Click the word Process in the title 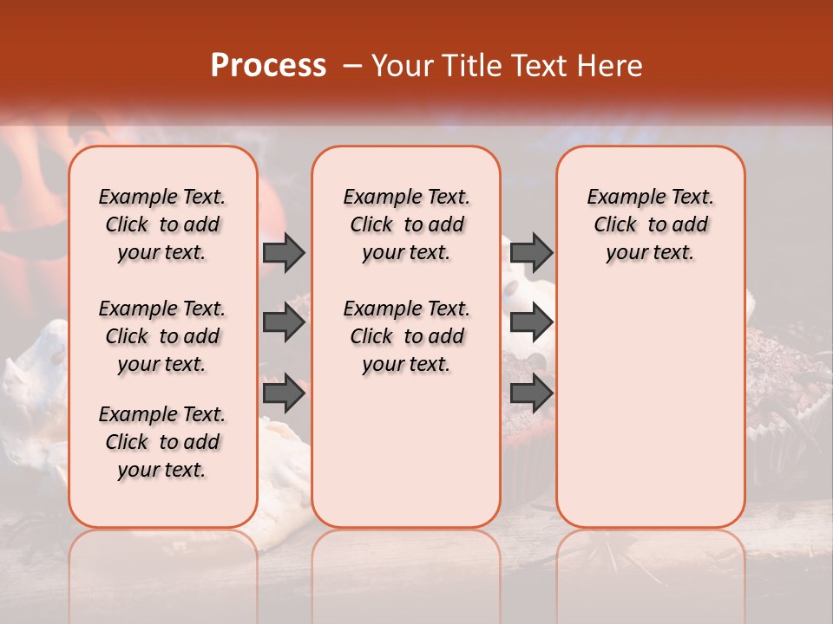coord(268,66)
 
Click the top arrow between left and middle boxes coord(284,253)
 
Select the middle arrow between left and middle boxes coord(284,323)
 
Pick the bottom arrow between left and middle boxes coord(284,394)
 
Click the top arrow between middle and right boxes coord(531,253)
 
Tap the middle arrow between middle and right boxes coord(531,323)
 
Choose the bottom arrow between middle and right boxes coord(531,394)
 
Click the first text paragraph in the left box coord(162,224)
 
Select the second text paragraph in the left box coord(162,336)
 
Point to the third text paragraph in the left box coord(162,442)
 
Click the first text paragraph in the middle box coord(406,224)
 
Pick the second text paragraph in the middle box coord(406,336)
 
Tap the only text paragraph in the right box coord(650,224)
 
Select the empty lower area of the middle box coord(406,451)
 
